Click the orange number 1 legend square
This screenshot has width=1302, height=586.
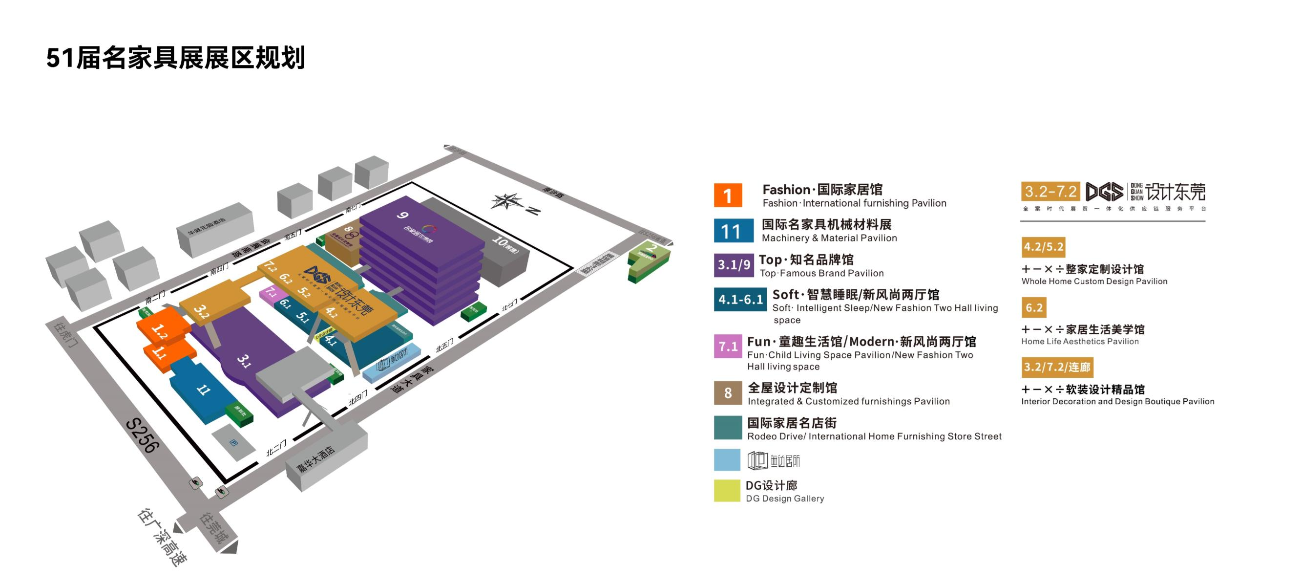(x=727, y=195)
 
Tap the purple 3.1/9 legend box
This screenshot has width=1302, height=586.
(x=734, y=265)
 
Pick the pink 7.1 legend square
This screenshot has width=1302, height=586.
(x=727, y=347)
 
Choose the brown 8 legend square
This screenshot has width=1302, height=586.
(x=727, y=393)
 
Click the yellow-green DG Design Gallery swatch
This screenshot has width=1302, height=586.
(x=727, y=490)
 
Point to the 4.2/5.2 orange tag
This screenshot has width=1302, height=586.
(x=1043, y=247)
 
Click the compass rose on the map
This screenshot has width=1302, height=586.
(x=507, y=201)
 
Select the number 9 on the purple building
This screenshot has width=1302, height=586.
(x=402, y=216)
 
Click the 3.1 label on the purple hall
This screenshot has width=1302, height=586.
(x=244, y=361)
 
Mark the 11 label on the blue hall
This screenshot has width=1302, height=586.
(x=204, y=390)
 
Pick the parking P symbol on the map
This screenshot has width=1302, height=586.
(x=233, y=443)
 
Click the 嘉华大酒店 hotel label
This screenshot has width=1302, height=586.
(x=316, y=459)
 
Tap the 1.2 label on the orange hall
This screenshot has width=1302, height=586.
(x=160, y=331)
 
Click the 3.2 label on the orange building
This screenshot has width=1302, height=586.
(x=201, y=311)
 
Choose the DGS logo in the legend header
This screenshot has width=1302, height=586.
(x=1104, y=192)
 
